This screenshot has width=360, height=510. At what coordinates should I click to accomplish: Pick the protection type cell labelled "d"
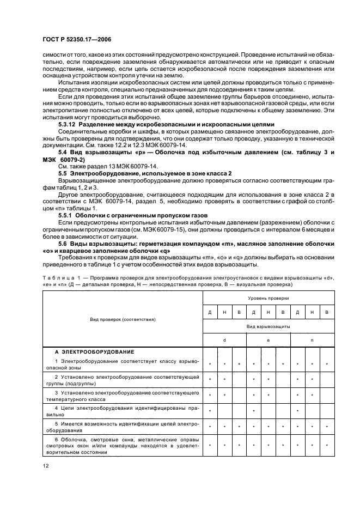224,339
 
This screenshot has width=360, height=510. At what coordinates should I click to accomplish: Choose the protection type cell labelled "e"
268,339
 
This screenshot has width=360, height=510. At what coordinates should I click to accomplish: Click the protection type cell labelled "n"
312,339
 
